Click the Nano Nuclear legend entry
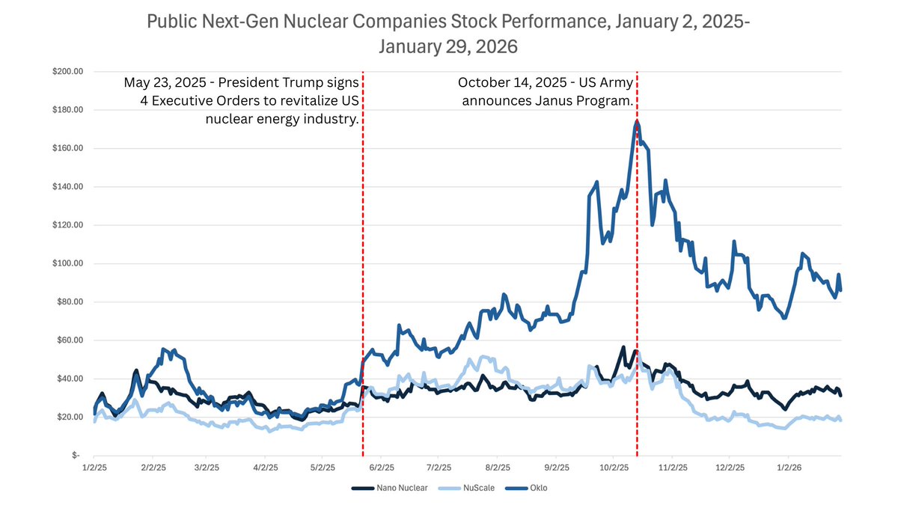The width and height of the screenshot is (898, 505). click(389, 488)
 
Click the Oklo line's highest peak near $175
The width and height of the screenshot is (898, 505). click(637, 121)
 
